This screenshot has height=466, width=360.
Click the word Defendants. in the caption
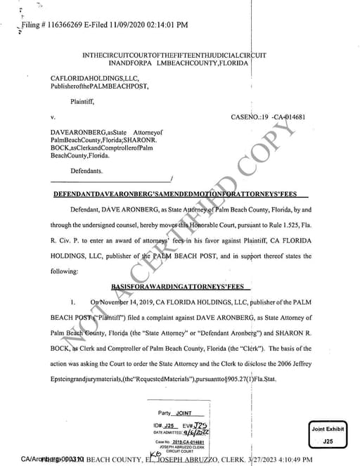(86, 171)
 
